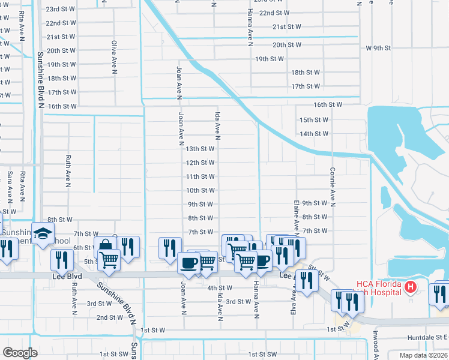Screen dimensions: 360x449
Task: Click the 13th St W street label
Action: tap(200, 149)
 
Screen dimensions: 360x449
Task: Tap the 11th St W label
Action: tap(200, 176)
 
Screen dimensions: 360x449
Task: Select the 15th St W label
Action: tap(314, 120)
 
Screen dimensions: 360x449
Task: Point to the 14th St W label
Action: tap(314, 134)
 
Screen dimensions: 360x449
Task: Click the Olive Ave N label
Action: tap(113, 56)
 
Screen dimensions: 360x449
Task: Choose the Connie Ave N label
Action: tap(332, 188)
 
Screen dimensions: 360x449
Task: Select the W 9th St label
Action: tap(378, 48)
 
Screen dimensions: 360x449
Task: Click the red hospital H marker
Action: tap(411, 288)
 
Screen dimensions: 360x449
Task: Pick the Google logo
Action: tap(20, 352)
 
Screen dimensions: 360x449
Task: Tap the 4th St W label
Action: tap(220, 288)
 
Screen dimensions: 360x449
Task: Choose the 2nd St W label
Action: tap(110, 317)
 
